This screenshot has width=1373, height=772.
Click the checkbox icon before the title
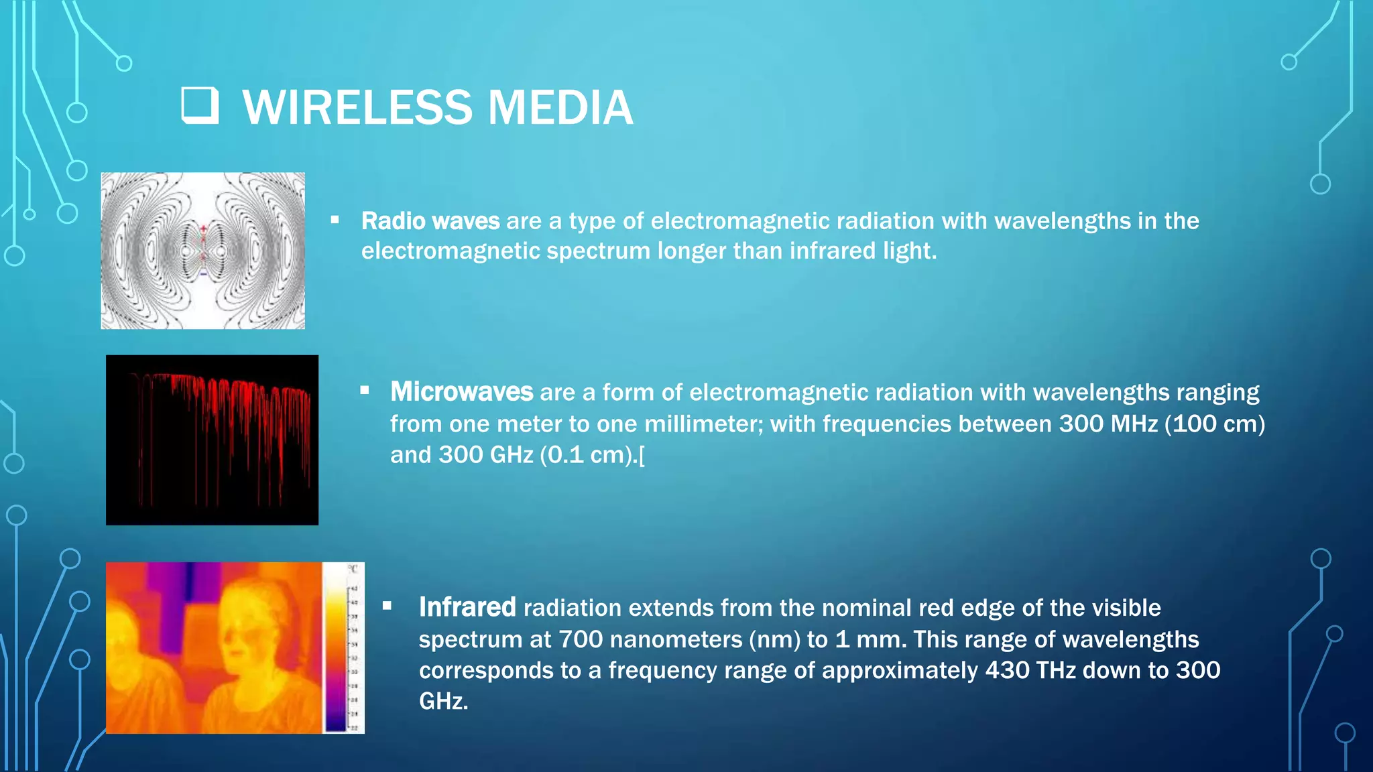(200, 106)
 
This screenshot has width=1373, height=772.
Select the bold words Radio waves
(430, 221)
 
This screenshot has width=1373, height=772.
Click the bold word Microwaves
(461, 392)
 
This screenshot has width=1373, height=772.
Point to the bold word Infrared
(467, 607)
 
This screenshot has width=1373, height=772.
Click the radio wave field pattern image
(202, 251)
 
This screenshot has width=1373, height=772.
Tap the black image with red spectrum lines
(212, 440)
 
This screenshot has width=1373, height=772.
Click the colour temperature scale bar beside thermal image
(335, 647)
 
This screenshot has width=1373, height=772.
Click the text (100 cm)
(1215, 424)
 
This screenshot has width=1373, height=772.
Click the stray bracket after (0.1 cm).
(642, 456)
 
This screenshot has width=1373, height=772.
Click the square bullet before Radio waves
(335, 220)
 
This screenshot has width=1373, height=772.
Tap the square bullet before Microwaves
(364, 390)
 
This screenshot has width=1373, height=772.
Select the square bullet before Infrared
(387, 606)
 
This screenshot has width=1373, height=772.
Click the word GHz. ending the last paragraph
(443, 702)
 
